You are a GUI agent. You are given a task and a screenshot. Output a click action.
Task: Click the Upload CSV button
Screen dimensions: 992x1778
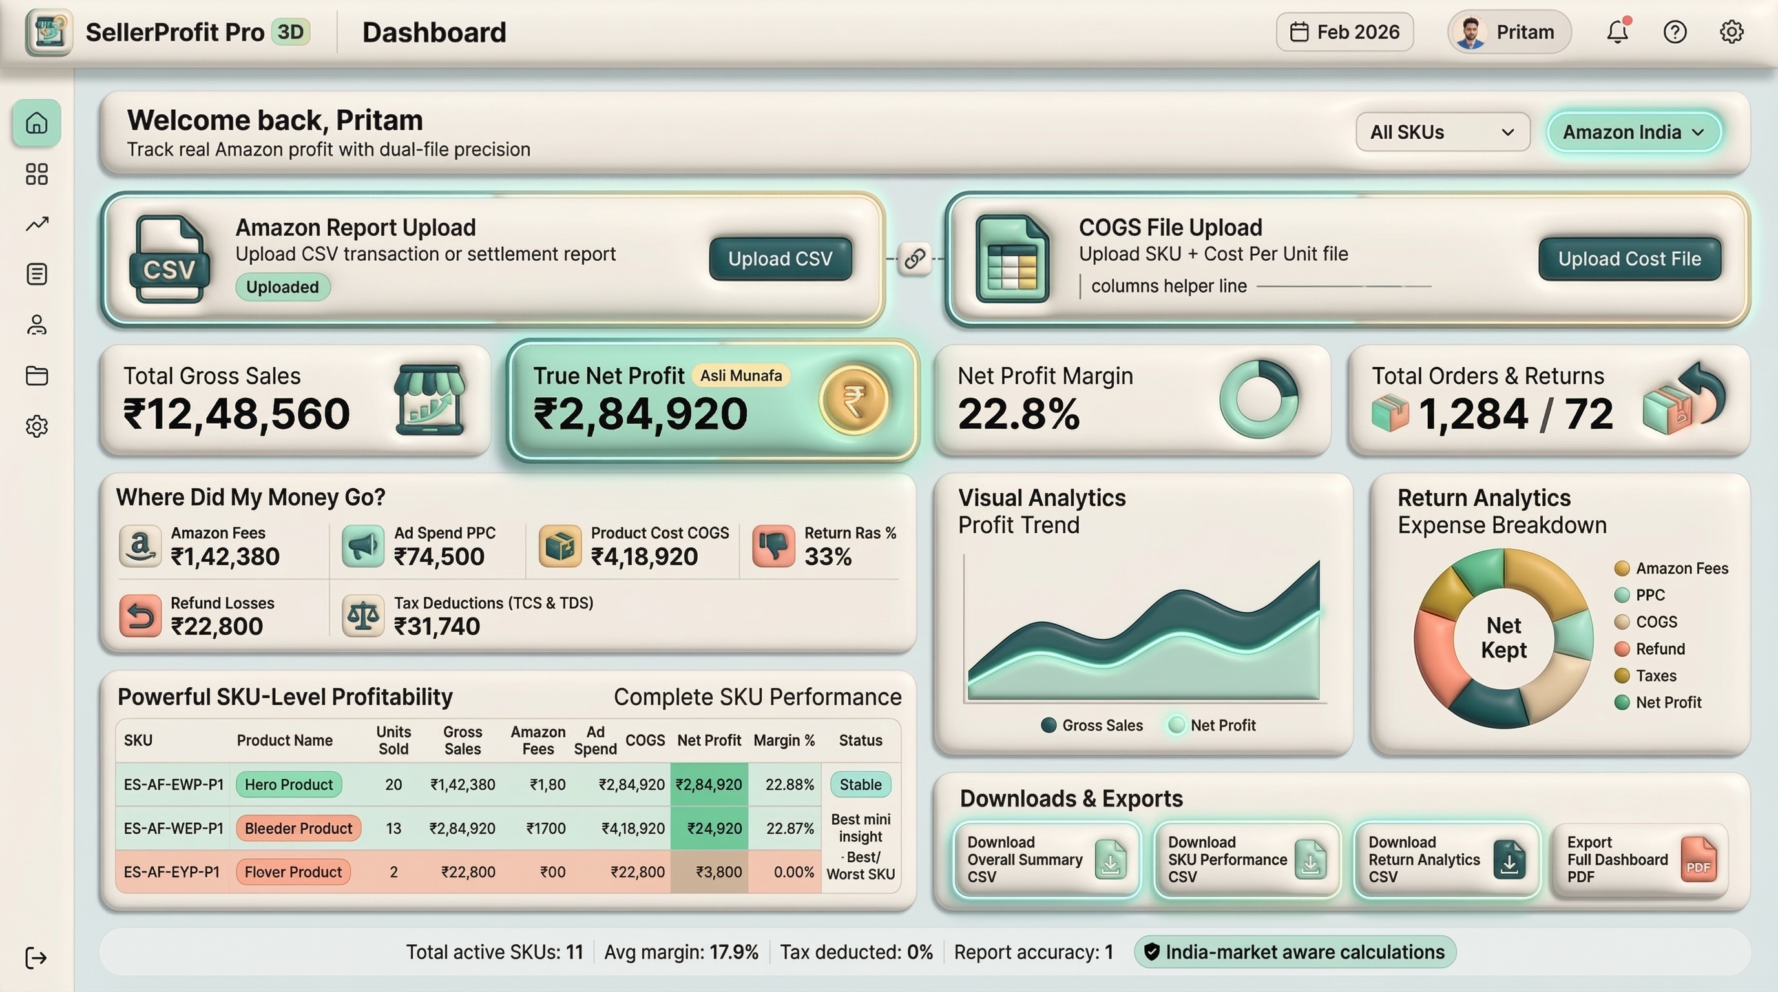[x=780, y=259]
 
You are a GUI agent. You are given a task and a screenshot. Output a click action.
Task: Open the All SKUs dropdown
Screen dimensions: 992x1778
[x=1442, y=132]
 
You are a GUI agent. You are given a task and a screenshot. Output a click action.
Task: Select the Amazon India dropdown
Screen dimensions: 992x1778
[x=1633, y=132]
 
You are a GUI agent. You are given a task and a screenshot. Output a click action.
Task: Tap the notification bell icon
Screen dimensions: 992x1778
[x=1617, y=32]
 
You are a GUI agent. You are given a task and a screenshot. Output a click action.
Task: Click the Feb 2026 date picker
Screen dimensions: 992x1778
[x=1344, y=32]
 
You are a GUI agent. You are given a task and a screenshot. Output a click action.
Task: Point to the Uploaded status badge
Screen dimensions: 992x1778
[x=282, y=287]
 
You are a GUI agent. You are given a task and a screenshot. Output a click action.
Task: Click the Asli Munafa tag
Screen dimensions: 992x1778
[x=740, y=375]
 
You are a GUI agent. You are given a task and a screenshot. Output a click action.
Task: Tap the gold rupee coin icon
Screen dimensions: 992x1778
[x=854, y=399]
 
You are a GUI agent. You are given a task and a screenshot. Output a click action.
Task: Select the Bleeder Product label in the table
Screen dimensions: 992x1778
[x=298, y=829]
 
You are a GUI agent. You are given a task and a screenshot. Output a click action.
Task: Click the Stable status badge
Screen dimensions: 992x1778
[x=860, y=784]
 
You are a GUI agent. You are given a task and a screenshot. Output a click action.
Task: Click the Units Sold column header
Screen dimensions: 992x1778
[x=393, y=740]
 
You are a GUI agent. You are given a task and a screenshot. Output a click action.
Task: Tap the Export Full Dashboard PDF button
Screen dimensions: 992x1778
[x=1640, y=860]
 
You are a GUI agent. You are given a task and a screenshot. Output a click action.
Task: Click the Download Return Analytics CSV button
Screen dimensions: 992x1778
[x=1446, y=860]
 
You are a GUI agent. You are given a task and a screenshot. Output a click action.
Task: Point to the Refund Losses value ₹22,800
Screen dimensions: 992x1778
[x=216, y=626]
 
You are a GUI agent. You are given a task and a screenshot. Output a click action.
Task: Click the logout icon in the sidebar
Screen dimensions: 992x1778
[x=36, y=958]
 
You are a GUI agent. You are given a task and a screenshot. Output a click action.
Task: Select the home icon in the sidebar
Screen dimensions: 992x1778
[x=37, y=123]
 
